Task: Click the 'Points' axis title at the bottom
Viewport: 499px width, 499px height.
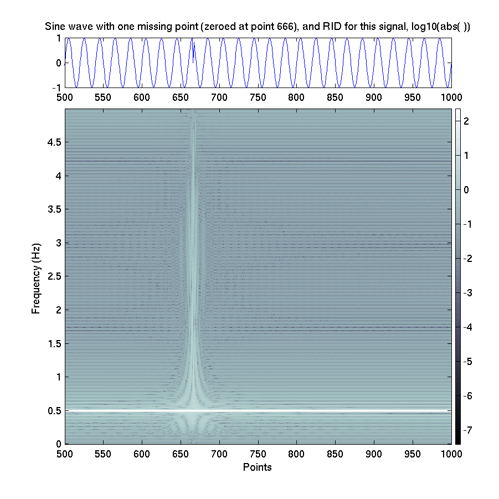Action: coord(258,467)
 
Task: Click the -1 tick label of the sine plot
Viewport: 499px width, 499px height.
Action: coord(56,88)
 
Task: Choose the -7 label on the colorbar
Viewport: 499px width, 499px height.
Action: coord(466,430)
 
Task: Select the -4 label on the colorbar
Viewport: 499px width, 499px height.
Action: coord(466,327)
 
